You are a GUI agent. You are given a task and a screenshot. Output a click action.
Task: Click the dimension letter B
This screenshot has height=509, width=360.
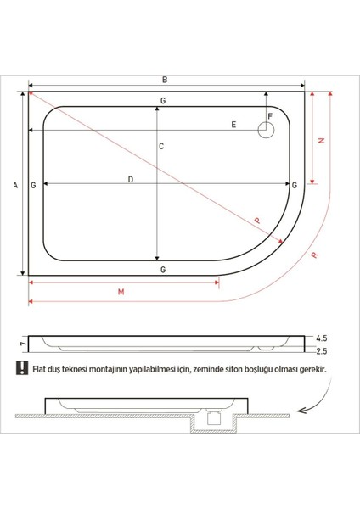(165, 80)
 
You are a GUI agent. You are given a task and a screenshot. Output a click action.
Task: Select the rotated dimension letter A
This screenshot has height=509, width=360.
(15, 184)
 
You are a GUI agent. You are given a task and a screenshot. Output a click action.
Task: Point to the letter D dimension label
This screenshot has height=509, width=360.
(130, 179)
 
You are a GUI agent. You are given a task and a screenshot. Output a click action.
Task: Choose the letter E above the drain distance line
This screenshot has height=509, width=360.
(233, 125)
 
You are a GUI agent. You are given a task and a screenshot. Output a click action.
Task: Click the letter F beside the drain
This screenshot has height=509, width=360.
(269, 116)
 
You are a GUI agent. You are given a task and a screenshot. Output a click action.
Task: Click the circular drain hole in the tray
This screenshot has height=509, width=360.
(266, 131)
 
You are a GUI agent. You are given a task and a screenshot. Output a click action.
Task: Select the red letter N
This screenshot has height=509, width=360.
(320, 141)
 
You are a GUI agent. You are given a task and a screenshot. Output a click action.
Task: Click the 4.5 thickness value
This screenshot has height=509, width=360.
(321, 338)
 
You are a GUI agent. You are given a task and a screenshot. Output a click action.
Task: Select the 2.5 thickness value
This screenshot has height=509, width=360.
(321, 350)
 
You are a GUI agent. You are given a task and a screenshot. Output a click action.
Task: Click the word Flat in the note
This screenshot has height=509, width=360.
(40, 370)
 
